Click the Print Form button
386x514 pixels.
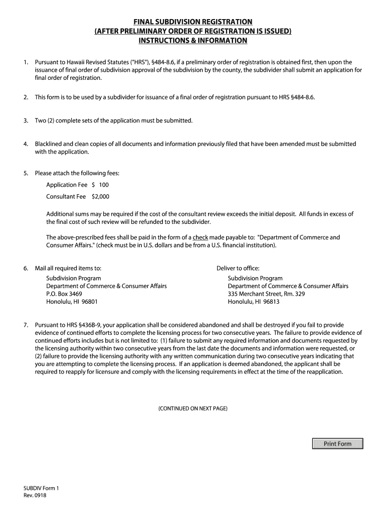(x=337, y=444)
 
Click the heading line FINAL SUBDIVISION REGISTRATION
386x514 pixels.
(x=192, y=22)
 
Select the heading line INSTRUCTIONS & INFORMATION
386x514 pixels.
(x=192, y=40)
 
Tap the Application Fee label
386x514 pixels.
(x=67, y=185)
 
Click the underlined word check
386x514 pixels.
(x=201, y=237)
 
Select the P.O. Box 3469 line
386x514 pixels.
(x=64, y=294)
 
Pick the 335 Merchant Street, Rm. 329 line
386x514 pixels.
(x=266, y=294)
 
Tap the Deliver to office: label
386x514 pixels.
(x=238, y=268)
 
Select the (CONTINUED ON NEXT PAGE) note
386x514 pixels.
(x=192, y=409)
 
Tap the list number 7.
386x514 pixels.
(x=26, y=325)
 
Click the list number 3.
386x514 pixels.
(x=26, y=121)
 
